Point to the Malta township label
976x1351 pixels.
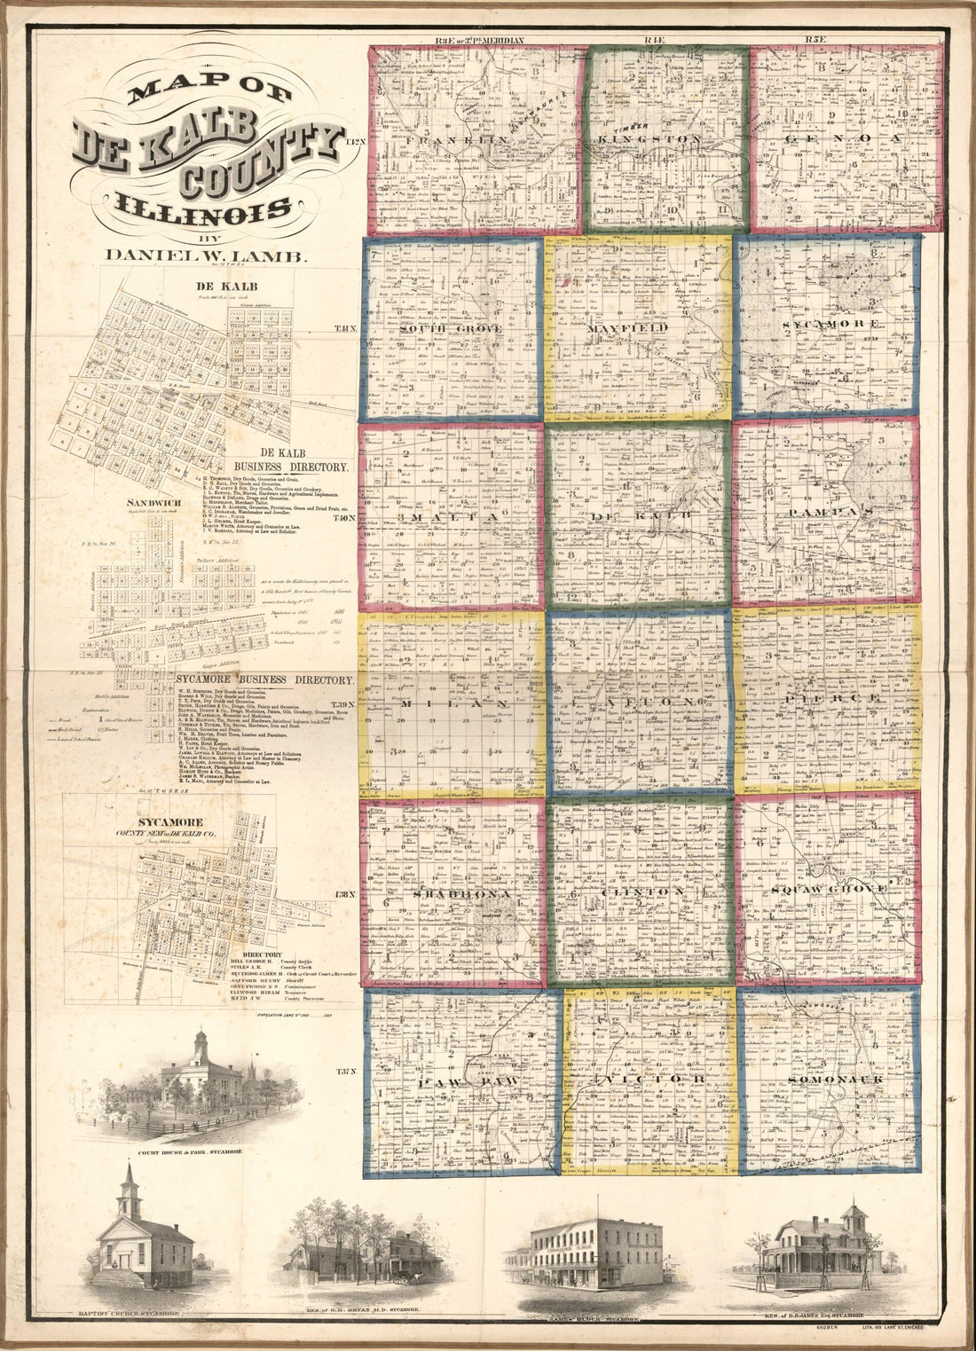pos(453,514)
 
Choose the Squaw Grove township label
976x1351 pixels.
pos(829,888)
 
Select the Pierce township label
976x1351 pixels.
pos(830,699)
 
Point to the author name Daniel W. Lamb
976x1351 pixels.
pos(206,255)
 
